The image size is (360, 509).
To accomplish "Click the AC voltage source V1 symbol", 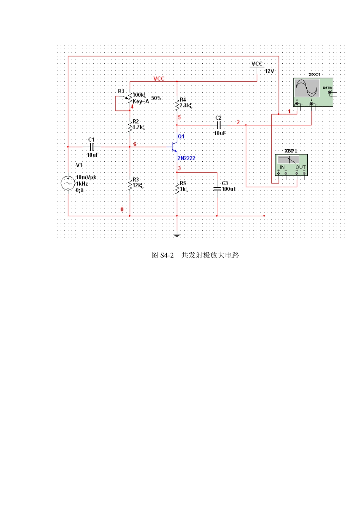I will [68, 183].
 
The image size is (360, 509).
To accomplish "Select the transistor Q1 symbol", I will [174, 147].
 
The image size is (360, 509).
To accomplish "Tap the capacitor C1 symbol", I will [91, 147].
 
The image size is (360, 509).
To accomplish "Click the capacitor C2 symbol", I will [219, 125].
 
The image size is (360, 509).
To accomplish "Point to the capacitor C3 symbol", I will [217, 188].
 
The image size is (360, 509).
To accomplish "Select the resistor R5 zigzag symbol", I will [177, 188].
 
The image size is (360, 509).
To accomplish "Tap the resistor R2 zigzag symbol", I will [130, 126].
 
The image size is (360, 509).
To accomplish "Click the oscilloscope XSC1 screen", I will [307, 88].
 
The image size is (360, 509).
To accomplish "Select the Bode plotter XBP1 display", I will [288, 159].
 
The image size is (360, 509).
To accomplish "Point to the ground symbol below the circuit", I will [177, 235].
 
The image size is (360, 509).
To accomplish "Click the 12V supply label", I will [269, 71].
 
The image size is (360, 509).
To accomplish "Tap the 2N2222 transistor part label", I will [186, 158].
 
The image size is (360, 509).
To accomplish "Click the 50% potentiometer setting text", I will [156, 98].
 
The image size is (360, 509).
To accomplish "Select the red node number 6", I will [135, 144].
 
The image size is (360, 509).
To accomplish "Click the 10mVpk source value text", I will [86, 177].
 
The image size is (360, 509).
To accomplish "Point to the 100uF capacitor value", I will [229, 189].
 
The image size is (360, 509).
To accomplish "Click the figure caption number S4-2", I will [167, 255].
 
